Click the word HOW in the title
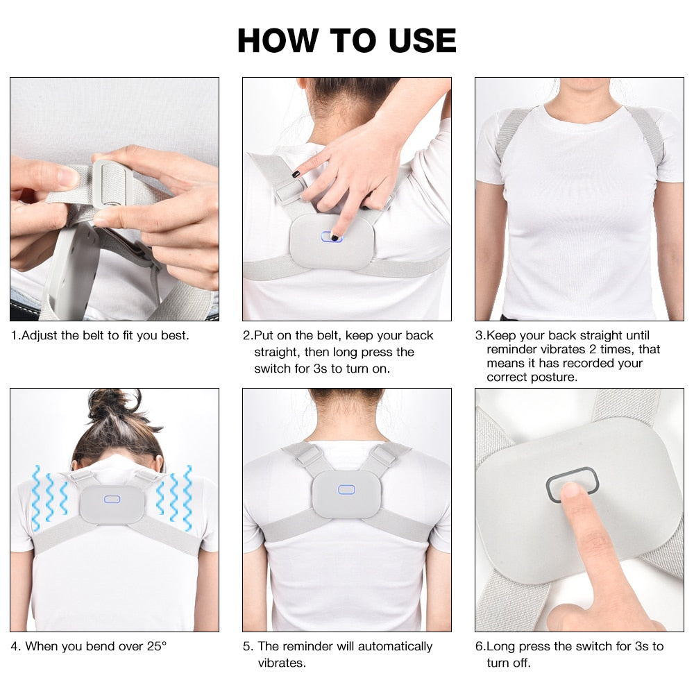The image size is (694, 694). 278,41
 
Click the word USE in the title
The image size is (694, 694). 422,41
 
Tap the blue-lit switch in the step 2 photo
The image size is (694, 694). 331,237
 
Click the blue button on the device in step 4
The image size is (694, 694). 112,499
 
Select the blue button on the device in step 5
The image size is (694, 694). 346,489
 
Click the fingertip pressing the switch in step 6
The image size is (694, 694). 570,492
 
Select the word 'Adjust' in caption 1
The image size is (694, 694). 40,336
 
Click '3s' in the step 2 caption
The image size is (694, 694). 321,369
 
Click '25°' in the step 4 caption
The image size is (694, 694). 157,646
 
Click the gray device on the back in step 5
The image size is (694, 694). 346,494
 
